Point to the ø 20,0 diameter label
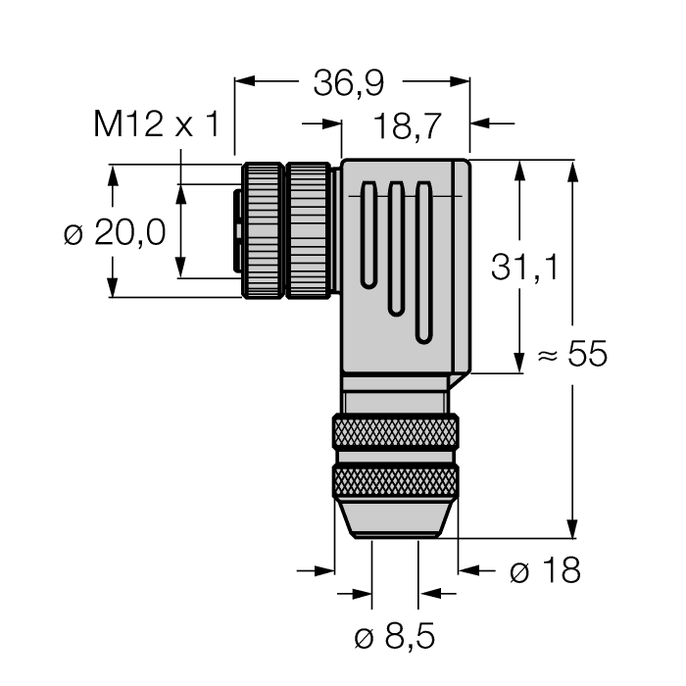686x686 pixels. pyautogui.click(x=115, y=233)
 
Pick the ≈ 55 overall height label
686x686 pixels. pyautogui.click(x=573, y=355)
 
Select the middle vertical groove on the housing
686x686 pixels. pyautogui.click(x=395, y=249)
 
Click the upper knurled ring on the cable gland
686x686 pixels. pyautogui.click(x=395, y=432)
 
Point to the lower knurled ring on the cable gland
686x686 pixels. pyautogui.click(x=395, y=481)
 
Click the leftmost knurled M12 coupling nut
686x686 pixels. pyautogui.click(x=263, y=230)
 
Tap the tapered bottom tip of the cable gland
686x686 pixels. pyautogui.click(x=395, y=519)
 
